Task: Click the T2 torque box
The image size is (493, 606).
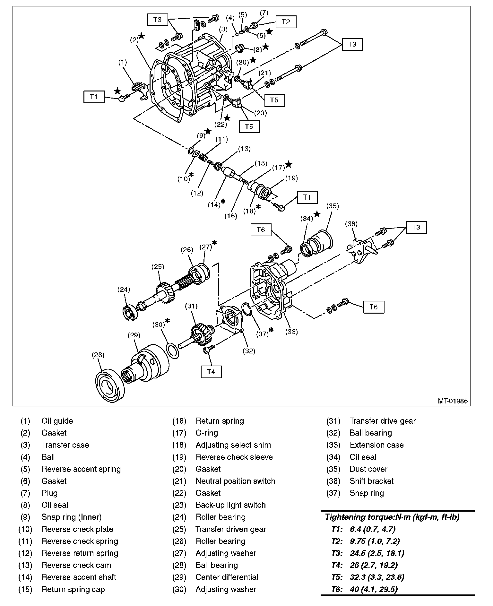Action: pyautogui.click(x=286, y=22)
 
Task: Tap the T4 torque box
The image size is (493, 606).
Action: pyautogui.click(x=211, y=372)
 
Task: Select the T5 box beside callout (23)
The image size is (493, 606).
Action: pyautogui.click(x=249, y=126)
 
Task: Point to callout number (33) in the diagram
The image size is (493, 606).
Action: pyautogui.click(x=291, y=332)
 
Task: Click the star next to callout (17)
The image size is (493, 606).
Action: pyautogui.click(x=289, y=164)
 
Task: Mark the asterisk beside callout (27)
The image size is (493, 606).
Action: pyautogui.click(x=214, y=243)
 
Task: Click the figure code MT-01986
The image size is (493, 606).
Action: pyautogui.click(x=453, y=401)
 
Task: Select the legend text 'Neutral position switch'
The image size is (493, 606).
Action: pyautogui.click(x=235, y=481)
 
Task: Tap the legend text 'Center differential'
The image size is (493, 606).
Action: pyautogui.click(x=227, y=577)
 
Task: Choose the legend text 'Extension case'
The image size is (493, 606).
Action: pyautogui.click(x=376, y=445)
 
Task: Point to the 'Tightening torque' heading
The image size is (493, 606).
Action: pyautogui.click(x=392, y=517)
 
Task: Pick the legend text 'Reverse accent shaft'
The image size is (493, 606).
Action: pyautogui.click(x=79, y=577)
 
